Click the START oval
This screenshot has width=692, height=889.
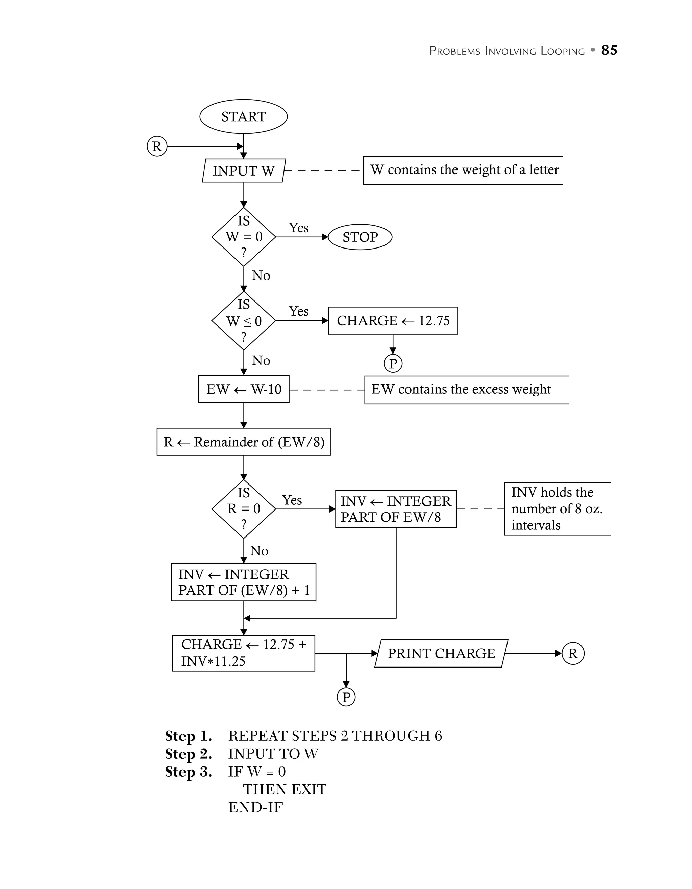(x=243, y=116)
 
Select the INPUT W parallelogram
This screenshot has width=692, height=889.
(x=244, y=171)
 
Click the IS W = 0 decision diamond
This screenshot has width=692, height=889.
(x=244, y=237)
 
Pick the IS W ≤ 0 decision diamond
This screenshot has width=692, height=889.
(x=244, y=321)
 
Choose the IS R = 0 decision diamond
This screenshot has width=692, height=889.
(x=244, y=509)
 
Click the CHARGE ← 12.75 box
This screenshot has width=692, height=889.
(x=393, y=321)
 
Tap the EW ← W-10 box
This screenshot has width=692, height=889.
(x=244, y=389)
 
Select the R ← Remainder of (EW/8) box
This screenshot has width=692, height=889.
(x=244, y=442)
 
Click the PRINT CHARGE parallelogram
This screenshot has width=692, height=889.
(x=441, y=653)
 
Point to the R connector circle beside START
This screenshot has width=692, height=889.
(x=157, y=146)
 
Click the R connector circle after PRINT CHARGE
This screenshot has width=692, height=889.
(x=573, y=653)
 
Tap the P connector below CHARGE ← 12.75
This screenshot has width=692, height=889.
(x=393, y=364)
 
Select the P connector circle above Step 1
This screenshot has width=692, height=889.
(x=346, y=697)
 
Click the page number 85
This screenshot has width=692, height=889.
(x=609, y=50)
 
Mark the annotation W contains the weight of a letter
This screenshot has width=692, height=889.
(x=464, y=170)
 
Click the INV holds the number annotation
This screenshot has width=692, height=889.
(x=557, y=509)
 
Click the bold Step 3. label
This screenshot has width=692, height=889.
(x=188, y=772)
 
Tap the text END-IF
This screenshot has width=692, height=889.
(x=255, y=807)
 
